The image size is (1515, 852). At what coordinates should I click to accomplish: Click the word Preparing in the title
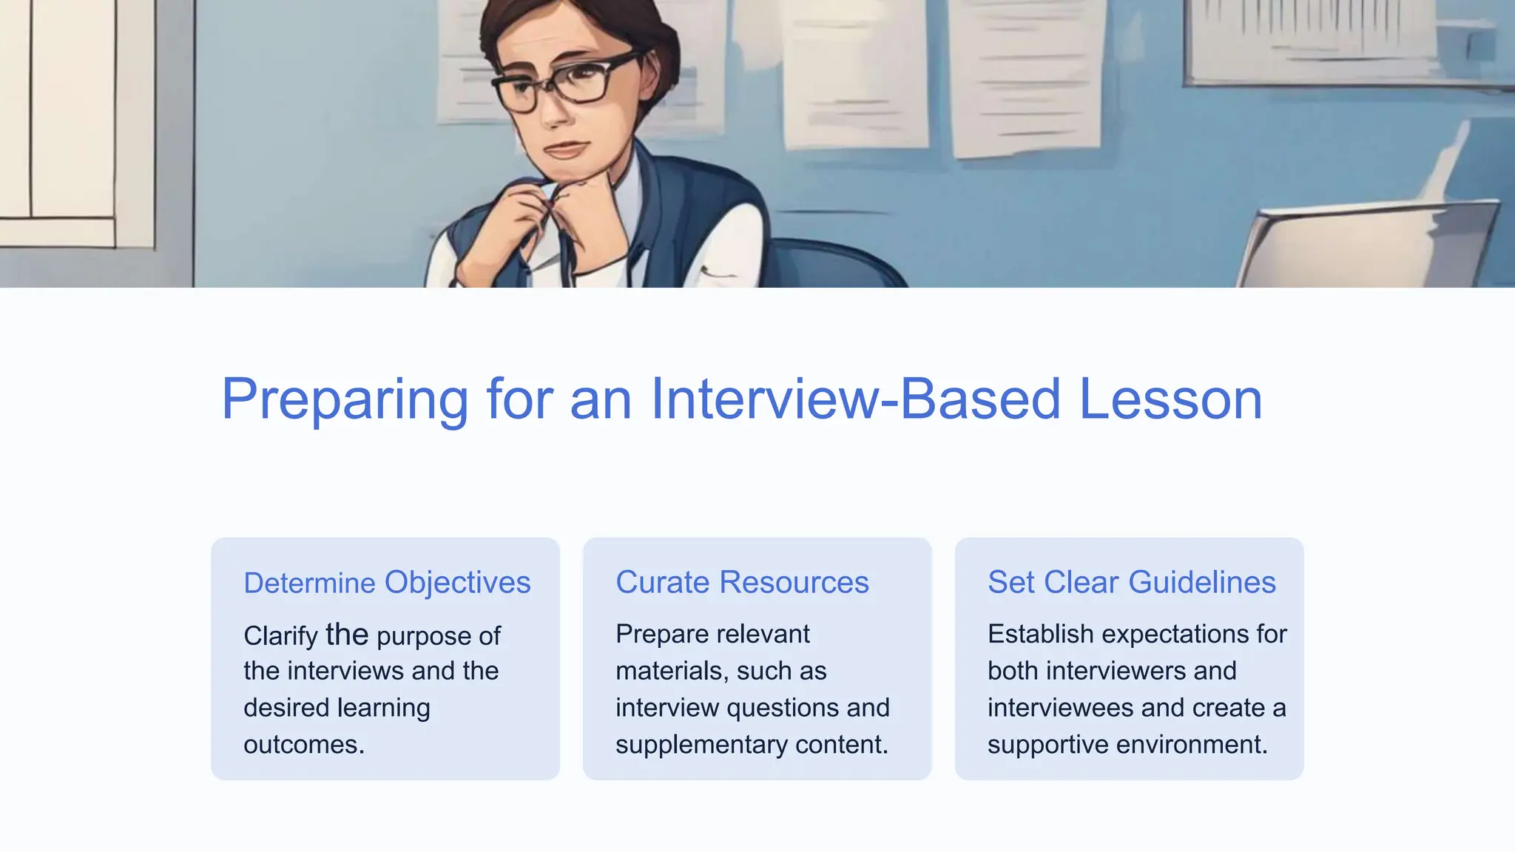tap(344, 399)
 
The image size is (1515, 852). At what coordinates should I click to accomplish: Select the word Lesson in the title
tap(1170, 399)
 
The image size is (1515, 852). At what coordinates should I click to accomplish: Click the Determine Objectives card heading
tap(387, 583)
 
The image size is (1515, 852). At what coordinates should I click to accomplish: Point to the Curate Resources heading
tap(742, 582)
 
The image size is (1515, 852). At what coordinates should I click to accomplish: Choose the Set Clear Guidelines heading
tap(1131, 582)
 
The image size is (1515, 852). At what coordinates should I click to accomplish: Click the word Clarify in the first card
tap(280, 636)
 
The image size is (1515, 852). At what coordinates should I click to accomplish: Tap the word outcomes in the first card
tap(303, 745)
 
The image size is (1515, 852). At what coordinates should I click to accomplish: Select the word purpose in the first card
tap(424, 636)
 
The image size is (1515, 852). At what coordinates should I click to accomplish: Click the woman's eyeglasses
tap(566, 83)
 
